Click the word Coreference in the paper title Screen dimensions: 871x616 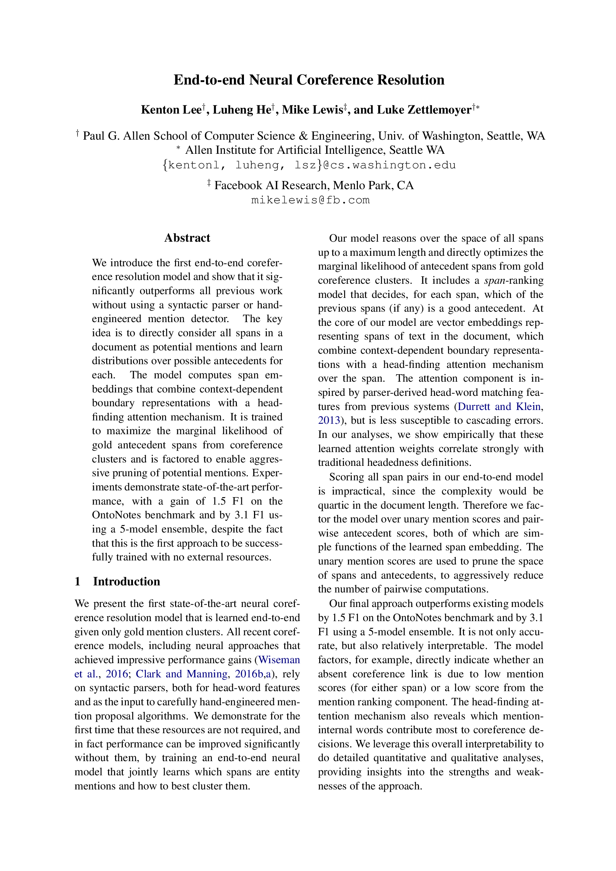[335, 80]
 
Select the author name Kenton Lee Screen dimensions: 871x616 [171, 110]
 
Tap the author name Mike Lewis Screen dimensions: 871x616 [312, 110]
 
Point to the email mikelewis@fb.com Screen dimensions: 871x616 [310, 200]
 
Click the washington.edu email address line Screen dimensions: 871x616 [309, 165]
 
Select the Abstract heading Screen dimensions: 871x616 [187, 238]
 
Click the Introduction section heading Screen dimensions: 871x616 [126, 582]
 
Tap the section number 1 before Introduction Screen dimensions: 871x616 [77, 582]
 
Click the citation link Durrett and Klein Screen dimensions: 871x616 [499, 407]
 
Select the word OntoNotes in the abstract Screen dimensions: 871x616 [117, 515]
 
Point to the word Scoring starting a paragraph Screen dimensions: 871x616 [345, 477]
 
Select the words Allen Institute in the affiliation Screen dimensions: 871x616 [221, 150]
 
